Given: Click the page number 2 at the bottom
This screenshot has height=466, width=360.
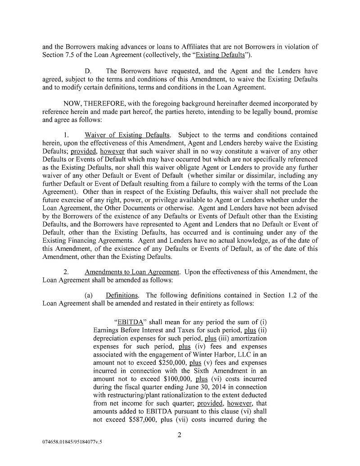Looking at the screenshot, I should (x=179, y=435).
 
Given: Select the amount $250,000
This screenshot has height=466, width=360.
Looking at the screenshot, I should (x=173, y=362).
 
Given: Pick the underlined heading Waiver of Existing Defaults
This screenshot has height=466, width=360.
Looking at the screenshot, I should (x=128, y=135).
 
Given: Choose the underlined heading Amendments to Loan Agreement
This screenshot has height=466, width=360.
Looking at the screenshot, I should (x=132, y=272).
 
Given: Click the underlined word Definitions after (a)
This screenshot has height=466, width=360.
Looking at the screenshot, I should (x=122, y=295).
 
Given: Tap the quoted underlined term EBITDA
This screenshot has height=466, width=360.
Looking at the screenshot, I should (x=127, y=322).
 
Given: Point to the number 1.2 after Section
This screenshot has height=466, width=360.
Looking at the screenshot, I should (x=292, y=295).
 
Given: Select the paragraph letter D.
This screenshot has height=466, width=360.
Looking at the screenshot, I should (x=89, y=71).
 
